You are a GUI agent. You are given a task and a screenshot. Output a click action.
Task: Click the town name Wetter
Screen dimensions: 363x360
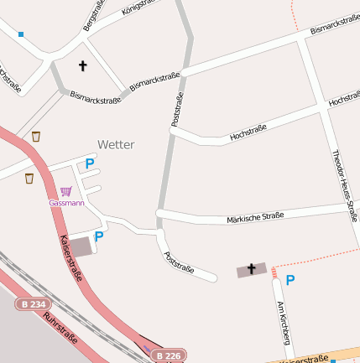coord(115,144)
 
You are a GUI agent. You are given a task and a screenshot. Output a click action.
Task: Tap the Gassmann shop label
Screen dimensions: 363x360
coord(66,203)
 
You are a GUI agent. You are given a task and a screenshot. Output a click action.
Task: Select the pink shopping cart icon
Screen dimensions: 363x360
coord(66,191)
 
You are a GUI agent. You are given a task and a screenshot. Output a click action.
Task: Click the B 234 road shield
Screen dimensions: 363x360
coord(32,304)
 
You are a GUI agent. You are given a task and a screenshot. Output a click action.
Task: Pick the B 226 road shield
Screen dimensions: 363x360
coord(168,355)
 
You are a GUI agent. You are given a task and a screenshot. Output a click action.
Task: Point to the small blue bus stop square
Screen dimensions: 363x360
coord(21,34)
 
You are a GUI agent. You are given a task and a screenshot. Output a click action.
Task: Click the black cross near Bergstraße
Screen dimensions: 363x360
coord(82,65)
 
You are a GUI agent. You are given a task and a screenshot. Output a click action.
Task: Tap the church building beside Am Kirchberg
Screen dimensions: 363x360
coord(251,270)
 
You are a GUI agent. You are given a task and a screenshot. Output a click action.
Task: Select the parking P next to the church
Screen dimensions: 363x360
coord(290,280)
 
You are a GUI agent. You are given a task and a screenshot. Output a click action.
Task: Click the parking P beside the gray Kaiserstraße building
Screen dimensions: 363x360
coord(98,237)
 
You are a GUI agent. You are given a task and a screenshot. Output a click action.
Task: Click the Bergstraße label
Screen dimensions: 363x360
coord(91,17)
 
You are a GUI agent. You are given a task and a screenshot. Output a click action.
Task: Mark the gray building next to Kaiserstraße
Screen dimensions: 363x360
coord(81,246)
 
